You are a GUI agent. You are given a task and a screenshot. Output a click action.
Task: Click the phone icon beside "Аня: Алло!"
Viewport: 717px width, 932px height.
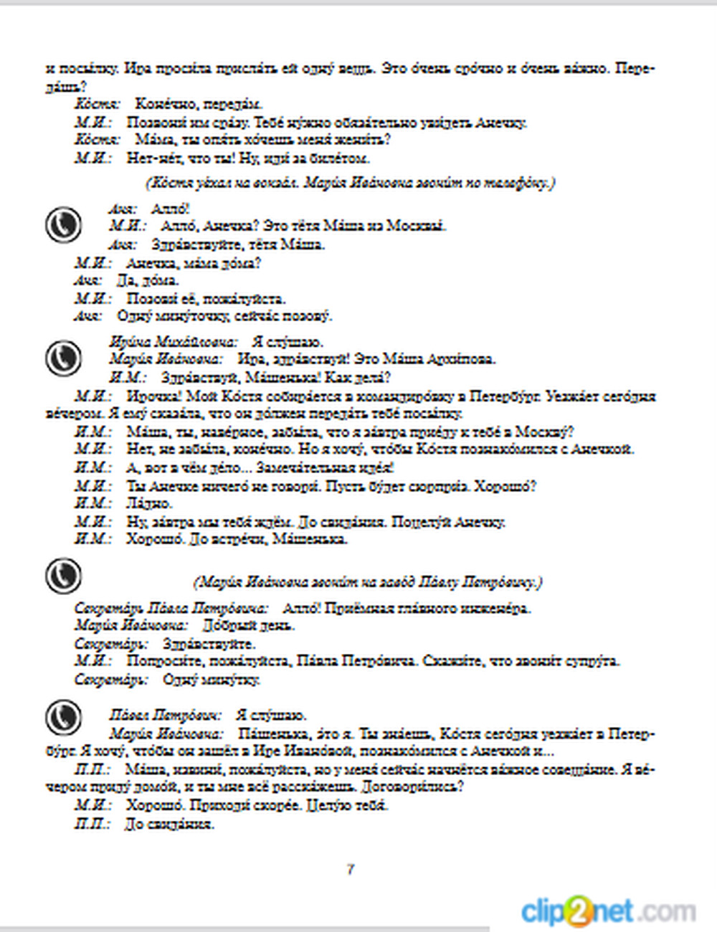pos(63,225)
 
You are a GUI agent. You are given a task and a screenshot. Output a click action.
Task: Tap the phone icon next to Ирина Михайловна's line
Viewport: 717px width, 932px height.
pos(63,358)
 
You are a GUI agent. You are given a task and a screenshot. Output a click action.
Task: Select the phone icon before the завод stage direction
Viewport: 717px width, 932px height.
pos(63,576)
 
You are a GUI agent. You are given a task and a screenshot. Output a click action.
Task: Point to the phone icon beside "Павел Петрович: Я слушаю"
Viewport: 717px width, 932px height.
pos(63,716)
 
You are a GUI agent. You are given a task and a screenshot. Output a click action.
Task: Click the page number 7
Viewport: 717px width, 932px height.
pos(351,870)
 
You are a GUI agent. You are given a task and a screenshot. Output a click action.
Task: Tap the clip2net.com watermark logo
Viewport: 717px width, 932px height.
pos(608,912)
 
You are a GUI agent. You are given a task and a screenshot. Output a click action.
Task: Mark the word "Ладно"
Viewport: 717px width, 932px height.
pos(149,503)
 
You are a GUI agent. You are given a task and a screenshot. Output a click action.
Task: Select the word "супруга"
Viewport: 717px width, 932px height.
pos(594,661)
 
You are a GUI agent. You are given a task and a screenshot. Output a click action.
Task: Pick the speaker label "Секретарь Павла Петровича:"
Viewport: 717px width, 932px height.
pos(171,609)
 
